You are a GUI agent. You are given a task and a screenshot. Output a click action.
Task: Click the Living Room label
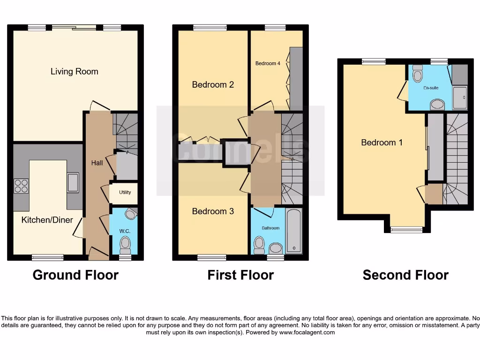pyautogui.click(x=74, y=71)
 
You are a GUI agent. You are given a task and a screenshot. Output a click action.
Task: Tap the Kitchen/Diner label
pyautogui.click(x=47, y=219)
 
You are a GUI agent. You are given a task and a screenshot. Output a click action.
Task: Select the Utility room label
pyautogui.click(x=125, y=192)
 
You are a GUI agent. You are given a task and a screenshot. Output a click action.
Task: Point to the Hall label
pyautogui.click(x=97, y=163)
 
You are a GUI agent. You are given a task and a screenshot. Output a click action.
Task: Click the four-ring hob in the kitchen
pyautogui.click(x=21, y=186)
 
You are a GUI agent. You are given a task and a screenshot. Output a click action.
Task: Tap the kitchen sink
pyautogui.click(x=73, y=183)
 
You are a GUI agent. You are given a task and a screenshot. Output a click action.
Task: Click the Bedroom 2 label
pyautogui.click(x=213, y=85)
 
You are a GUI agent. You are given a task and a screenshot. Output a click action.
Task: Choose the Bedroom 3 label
pyautogui.click(x=213, y=211)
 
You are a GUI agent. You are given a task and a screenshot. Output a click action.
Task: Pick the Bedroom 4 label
pyautogui.click(x=268, y=63)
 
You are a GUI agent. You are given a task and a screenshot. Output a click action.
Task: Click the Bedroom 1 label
pyautogui.click(x=382, y=142)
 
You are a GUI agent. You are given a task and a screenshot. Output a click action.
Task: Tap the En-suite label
pyautogui.click(x=430, y=88)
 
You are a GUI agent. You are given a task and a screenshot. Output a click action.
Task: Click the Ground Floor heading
pyautogui.click(x=75, y=275)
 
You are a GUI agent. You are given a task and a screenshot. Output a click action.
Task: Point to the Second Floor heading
pyautogui.click(x=405, y=275)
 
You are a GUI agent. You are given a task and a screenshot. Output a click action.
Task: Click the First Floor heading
pyautogui.click(x=240, y=275)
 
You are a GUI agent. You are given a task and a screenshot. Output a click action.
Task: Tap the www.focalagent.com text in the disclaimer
pyautogui.click(x=307, y=332)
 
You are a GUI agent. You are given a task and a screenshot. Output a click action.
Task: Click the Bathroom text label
pyautogui.click(x=270, y=228)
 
